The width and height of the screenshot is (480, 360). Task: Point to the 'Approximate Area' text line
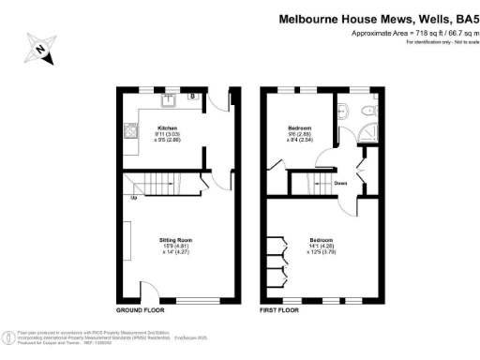[412, 34]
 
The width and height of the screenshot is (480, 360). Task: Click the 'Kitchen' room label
[168, 127]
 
